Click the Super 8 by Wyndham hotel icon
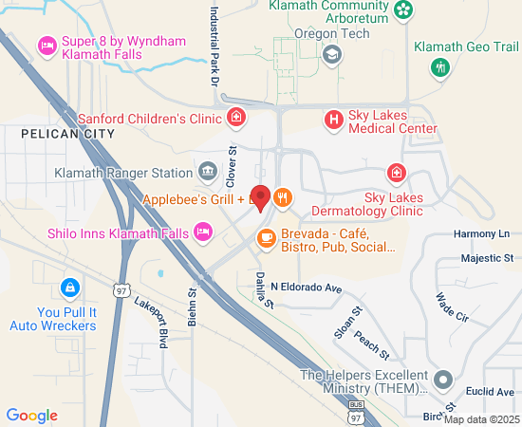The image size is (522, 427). [46, 45]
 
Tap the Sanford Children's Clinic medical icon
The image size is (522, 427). [236, 119]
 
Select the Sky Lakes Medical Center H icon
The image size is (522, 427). [333, 120]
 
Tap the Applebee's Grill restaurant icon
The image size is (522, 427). [282, 199]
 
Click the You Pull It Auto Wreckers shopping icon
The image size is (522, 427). [68, 287]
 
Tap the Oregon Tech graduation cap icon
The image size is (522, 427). [331, 55]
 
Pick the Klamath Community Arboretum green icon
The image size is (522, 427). [404, 10]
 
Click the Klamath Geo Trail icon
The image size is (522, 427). [438, 66]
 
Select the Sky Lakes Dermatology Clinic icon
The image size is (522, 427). [396, 174]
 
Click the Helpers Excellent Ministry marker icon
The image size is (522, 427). [441, 381]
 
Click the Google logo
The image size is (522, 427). [31, 415]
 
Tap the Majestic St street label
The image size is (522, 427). [486, 258]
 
